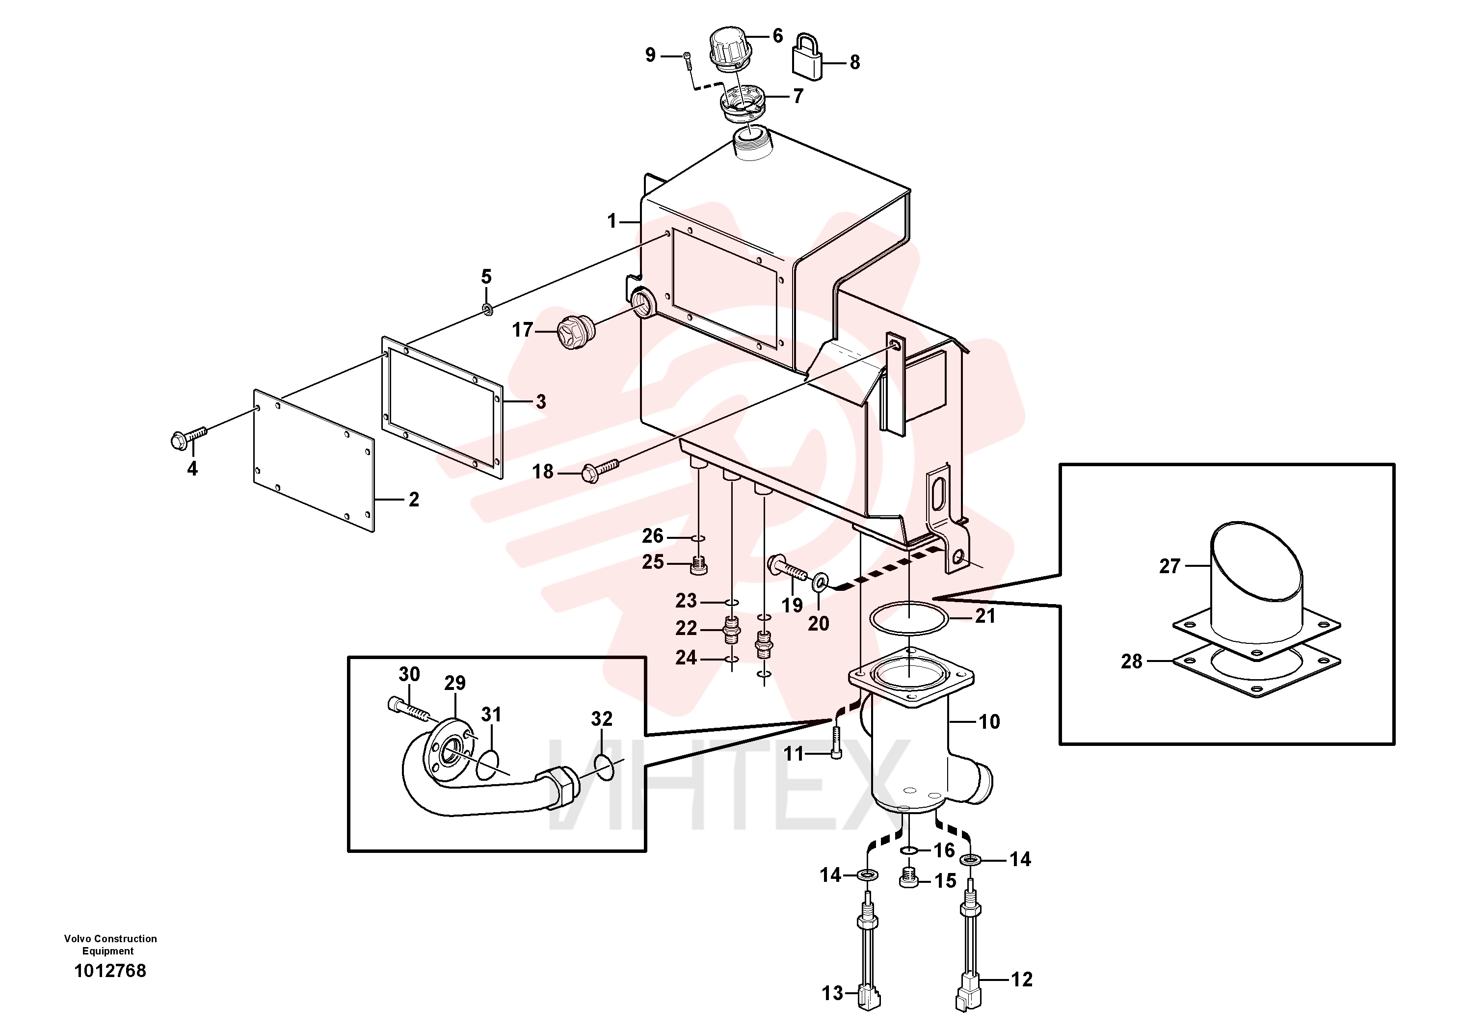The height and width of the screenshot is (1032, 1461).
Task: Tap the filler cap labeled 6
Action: (x=730, y=47)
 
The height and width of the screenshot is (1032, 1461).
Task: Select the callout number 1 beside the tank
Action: (x=611, y=221)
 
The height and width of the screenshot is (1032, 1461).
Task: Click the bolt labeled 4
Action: (x=189, y=437)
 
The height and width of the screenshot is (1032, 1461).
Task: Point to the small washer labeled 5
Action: (x=487, y=310)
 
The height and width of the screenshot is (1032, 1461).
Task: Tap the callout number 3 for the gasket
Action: (x=541, y=401)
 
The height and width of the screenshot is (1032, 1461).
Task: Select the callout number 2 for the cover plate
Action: (x=414, y=500)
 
